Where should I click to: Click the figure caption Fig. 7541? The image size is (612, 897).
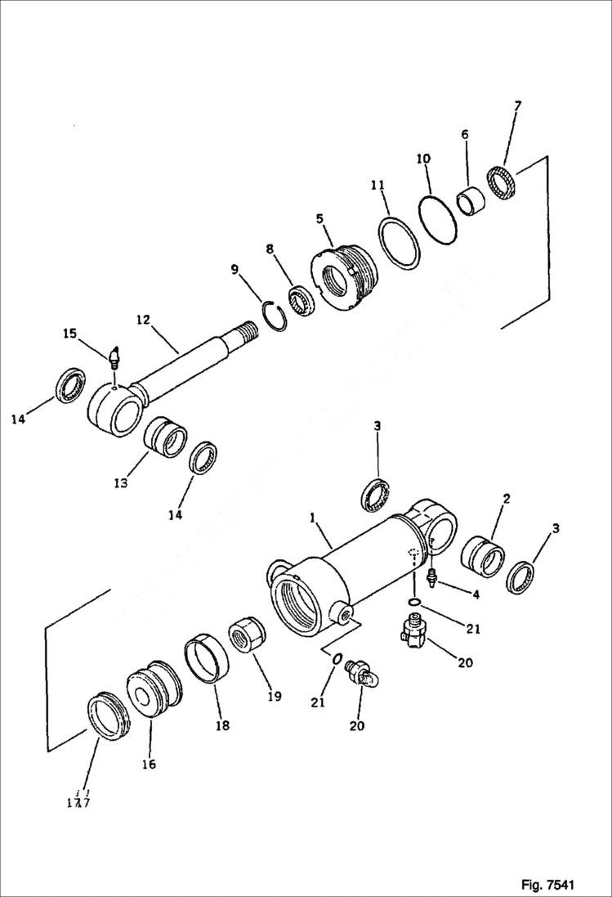tap(548, 885)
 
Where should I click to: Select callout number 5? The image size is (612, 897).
tap(319, 218)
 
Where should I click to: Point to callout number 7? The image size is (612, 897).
tap(518, 106)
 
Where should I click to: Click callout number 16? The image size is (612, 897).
tap(148, 765)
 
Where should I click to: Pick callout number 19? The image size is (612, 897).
tap(274, 696)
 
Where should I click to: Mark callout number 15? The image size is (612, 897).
tap(69, 333)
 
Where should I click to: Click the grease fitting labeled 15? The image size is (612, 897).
tap(114, 357)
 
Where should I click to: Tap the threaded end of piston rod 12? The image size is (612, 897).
tap(244, 334)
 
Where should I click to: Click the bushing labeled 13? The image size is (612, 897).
tap(165, 437)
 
